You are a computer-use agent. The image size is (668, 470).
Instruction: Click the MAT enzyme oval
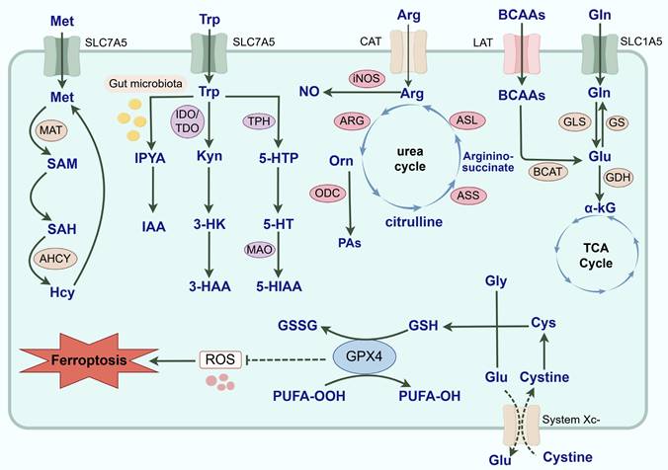50,129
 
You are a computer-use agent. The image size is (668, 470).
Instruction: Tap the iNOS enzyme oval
366,77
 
